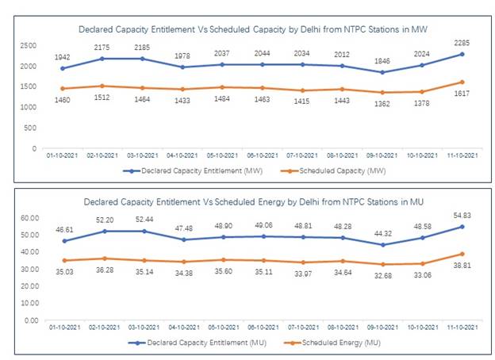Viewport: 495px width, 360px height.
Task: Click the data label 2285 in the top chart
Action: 462,44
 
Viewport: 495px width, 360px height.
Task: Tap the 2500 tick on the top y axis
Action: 29,46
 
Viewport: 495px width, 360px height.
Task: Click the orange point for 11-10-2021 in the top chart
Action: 462,82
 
